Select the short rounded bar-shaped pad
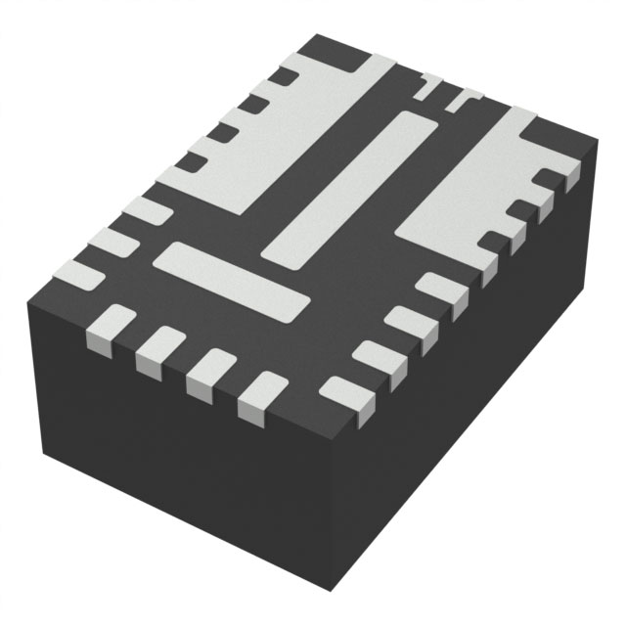(x=231, y=282)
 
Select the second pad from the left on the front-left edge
(x=159, y=350)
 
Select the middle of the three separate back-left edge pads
(x=111, y=243)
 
